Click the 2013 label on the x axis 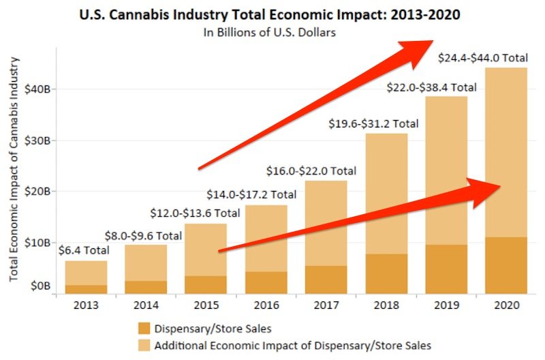coord(86,305)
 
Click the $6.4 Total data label coord(83,250)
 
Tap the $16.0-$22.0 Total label coord(311,170)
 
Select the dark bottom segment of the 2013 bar coord(86,289)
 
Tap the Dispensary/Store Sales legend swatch coord(144,328)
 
